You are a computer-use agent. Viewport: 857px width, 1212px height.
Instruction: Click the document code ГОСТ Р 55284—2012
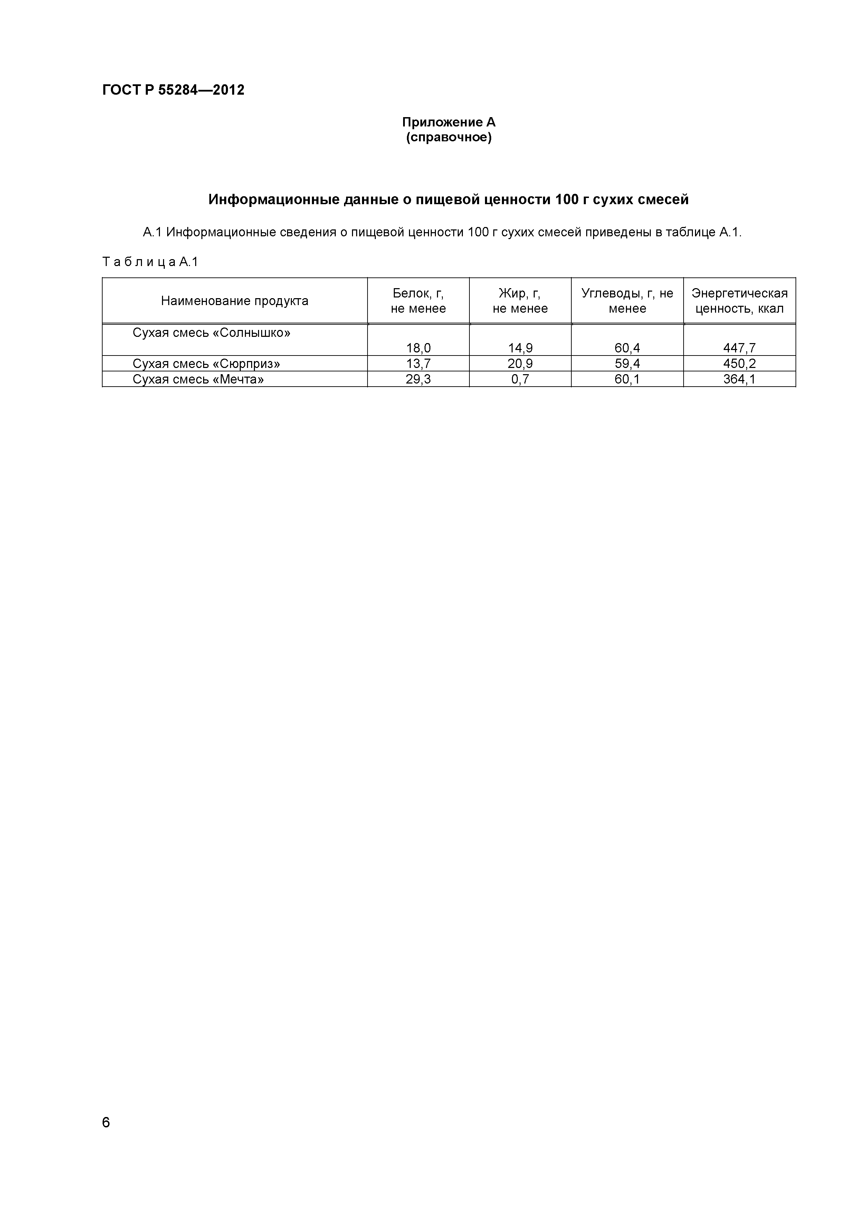pos(173,90)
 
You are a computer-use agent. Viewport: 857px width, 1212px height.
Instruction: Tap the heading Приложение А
pos(449,122)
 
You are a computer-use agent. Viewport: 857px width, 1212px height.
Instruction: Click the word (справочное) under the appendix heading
pos(449,138)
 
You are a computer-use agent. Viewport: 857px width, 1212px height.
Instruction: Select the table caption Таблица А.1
pos(150,262)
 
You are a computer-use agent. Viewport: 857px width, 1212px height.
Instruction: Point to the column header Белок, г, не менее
pos(418,301)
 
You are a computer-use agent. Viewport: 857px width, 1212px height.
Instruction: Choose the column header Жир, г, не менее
pos(520,301)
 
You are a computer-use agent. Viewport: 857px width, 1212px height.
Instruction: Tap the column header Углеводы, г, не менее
pos(627,301)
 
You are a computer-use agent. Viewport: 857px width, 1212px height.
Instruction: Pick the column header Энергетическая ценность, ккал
pos(739,301)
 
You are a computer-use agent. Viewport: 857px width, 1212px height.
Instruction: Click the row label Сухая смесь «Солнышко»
pos(211,333)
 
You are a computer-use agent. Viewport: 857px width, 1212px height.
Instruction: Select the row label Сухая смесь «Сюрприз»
pos(206,364)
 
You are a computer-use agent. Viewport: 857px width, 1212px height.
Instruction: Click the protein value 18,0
pos(418,348)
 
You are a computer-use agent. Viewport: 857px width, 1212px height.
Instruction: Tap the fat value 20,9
pos(520,364)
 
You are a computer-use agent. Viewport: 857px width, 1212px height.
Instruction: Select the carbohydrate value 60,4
pos(627,348)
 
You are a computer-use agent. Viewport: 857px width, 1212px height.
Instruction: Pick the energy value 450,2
pos(739,364)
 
